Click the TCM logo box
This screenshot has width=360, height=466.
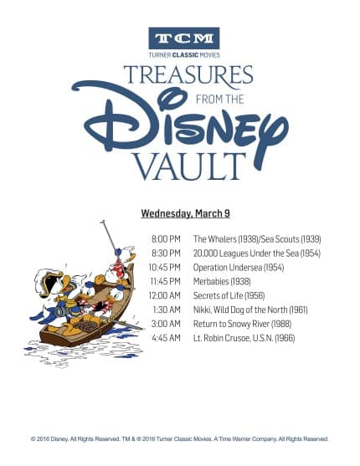tap(184, 38)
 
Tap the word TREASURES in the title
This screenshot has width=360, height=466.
tap(188, 75)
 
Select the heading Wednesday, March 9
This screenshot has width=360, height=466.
tap(185, 213)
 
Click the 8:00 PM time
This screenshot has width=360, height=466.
tap(166, 239)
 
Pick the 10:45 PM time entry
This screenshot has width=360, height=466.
tap(165, 267)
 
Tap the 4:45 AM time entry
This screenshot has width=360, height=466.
tap(166, 338)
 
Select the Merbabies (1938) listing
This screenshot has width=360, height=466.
tap(222, 281)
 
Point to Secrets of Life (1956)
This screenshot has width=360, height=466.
tap(229, 295)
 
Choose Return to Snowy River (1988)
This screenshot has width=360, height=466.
tap(242, 324)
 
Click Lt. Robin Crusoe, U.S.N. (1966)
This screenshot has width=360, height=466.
tap(244, 338)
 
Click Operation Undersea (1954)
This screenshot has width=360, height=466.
tap(239, 267)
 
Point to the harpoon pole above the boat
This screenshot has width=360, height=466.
tap(109, 236)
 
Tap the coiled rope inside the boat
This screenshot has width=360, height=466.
tap(86, 326)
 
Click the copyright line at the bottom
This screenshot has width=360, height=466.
tap(179, 439)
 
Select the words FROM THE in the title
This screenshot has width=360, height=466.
tap(220, 99)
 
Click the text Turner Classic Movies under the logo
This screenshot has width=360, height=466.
tap(184, 55)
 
